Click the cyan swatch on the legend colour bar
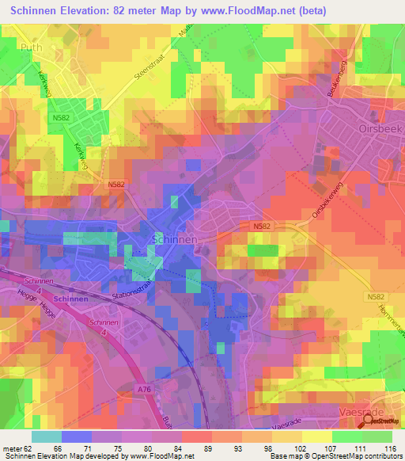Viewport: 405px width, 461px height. click(x=46, y=436)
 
